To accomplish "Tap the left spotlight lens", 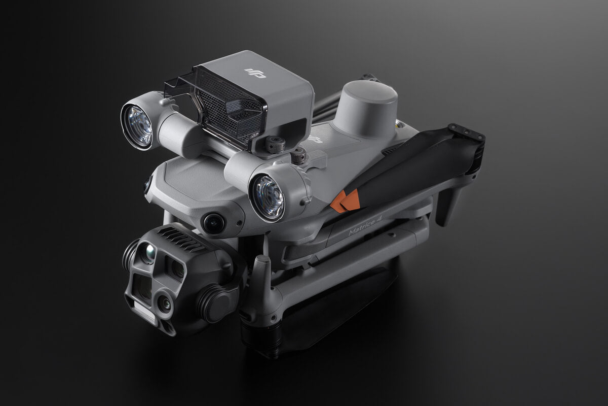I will click(137, 126).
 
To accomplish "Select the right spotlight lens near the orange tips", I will click(268, 197).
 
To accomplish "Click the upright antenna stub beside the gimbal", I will click(263, 272).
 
